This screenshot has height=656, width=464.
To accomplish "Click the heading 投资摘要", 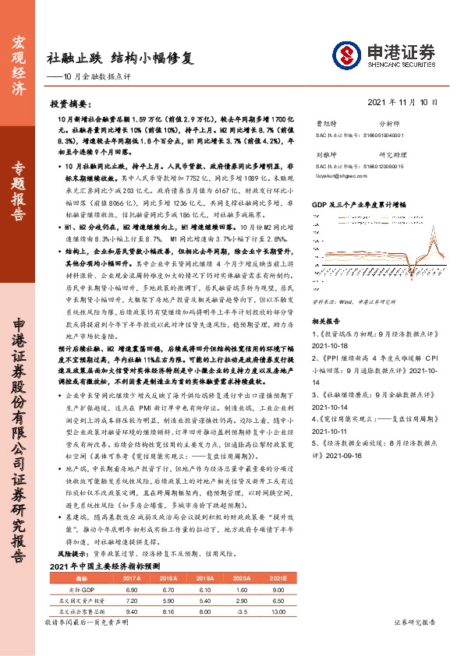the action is point(72,104).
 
